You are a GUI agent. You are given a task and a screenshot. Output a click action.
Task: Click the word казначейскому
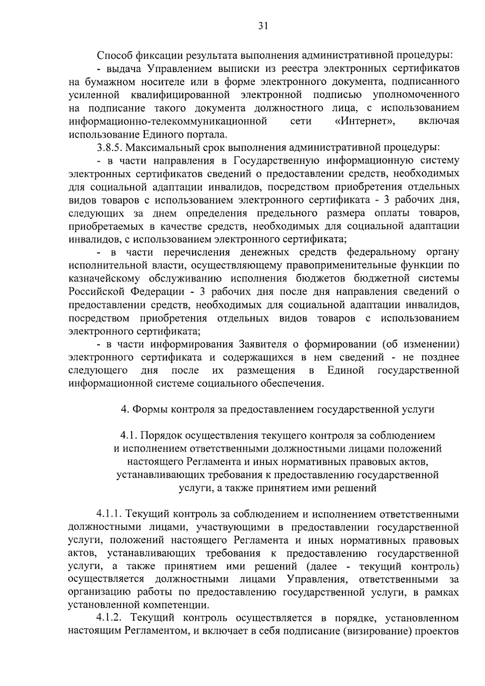point(104,279)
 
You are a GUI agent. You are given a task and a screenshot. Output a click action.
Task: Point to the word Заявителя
point(262,344)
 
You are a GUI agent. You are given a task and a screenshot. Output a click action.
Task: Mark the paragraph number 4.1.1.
point(109,514)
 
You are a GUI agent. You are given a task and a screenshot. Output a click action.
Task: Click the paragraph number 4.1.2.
point(109,618)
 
